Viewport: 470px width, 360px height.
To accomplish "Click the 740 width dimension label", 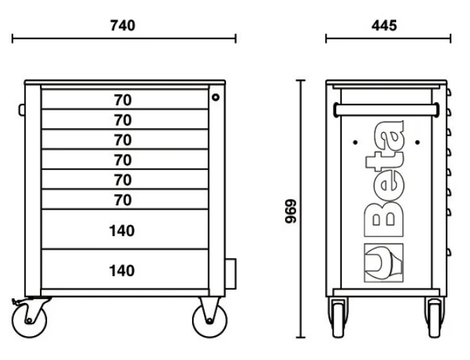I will click(x=123, y=25).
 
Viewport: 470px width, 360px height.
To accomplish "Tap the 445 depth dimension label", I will click(x=383, y=25).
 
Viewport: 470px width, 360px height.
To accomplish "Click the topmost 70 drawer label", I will click(x=123, y=100).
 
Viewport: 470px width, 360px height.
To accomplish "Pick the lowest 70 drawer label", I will click(x=123, y=200).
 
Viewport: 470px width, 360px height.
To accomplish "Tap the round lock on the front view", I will click(x=216, y=97).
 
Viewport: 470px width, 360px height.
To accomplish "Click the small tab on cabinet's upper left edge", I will click(x=22, y=110).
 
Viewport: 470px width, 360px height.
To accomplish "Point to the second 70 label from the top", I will click(x=123, y=120).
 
